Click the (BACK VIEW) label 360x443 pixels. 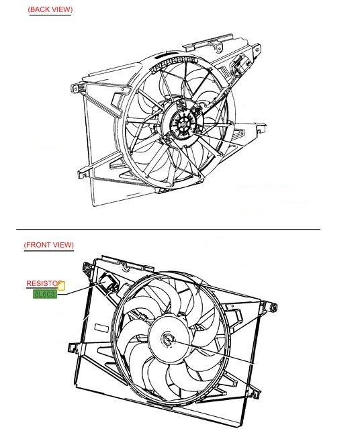click(50, 9)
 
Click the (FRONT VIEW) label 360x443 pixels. click(48, 245)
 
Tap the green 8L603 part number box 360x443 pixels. click(45, 293)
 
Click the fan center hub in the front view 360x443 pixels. click(167, 339)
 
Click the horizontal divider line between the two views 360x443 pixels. click(168, 229)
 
